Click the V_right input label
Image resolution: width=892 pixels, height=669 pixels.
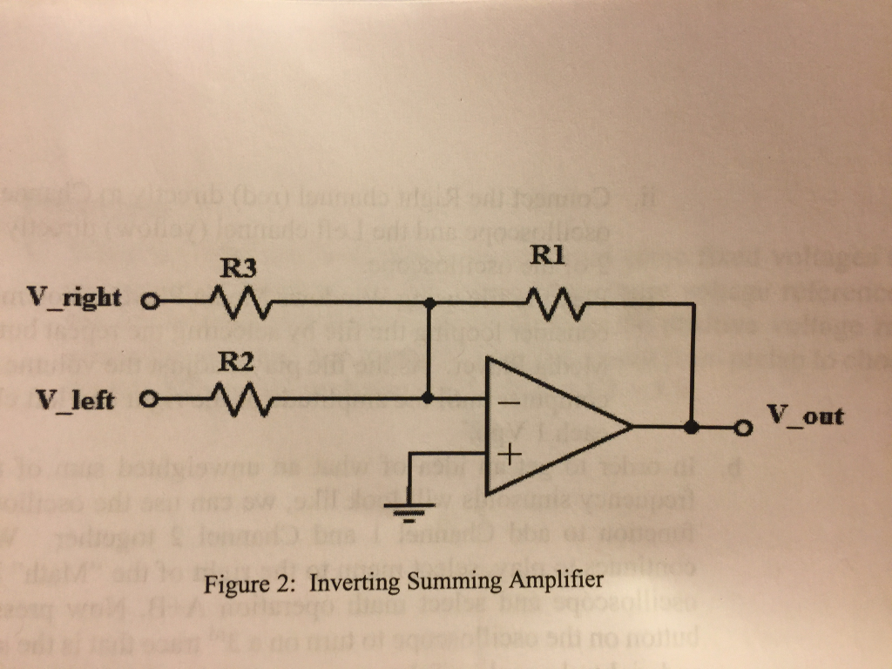click(x=73, y=298)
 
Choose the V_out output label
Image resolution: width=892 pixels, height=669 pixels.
click(x=806, y=415)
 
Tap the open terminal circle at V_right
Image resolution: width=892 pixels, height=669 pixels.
click(x=147, y=305)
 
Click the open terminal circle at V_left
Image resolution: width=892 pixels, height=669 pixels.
click(x=146, y=402)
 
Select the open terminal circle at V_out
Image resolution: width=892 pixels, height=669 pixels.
click(x=743, y=428)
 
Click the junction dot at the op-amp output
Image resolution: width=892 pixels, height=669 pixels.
click(x=692, y=428)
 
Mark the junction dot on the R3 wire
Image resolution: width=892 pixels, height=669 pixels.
click(x=429, y=304)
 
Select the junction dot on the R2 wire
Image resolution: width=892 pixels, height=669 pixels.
click(x=429, y=400)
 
